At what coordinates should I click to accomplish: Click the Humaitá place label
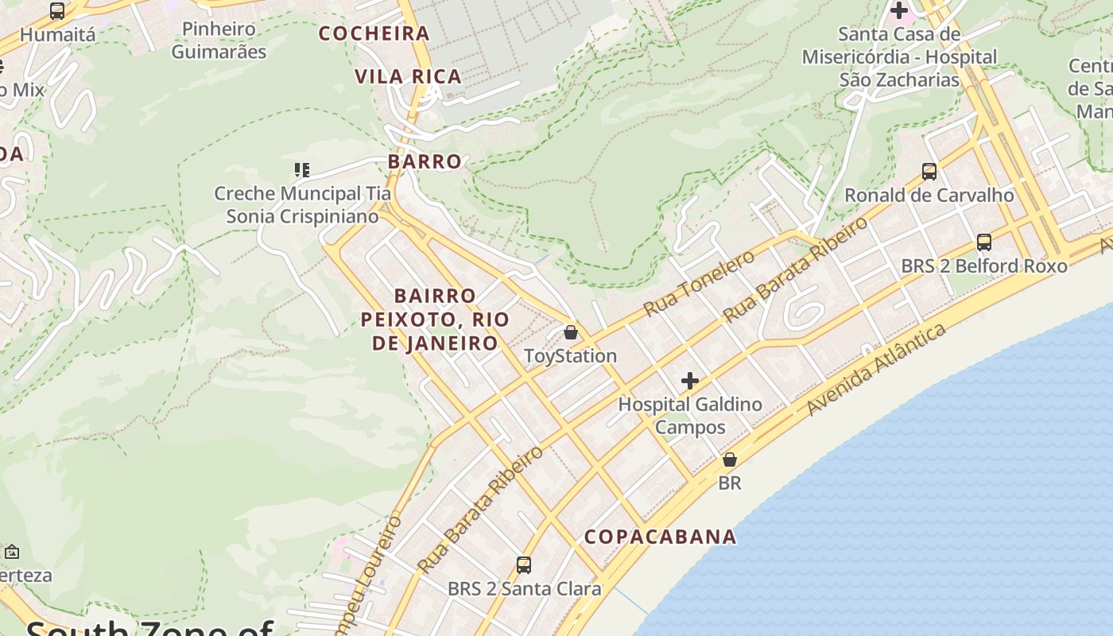pos(57,35)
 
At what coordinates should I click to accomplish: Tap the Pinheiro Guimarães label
pos(219,41)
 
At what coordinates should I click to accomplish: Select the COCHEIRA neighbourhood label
pos(374,33)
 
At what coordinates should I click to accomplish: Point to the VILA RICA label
pos(408,76)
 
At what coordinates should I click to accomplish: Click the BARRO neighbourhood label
pos(425,161)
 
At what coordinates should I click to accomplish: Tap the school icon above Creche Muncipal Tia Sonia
pos(301,169)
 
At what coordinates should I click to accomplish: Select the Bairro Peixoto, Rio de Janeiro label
pos(435,320)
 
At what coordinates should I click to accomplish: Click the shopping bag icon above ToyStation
pos(570,332)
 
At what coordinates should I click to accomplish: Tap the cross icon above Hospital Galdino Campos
pos(689,381)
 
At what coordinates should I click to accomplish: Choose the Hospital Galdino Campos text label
pos(690,415)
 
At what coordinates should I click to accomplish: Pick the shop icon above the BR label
pos(729,460)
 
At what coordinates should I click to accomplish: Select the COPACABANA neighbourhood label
pos(660,537)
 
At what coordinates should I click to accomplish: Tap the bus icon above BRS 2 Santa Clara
pos(523,565)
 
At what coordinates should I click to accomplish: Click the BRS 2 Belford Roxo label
pos(983,266)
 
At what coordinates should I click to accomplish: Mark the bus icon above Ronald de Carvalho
pos(929,171)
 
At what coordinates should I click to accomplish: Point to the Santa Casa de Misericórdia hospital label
pos(899,57)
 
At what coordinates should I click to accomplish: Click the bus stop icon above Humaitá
pos(57,11)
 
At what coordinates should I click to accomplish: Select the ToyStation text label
pos(570,355)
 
